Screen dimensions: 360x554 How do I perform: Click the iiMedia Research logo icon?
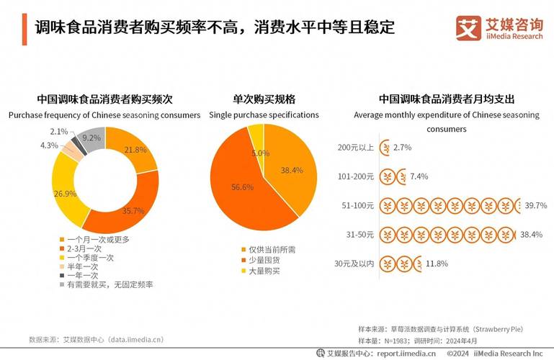(468, 27)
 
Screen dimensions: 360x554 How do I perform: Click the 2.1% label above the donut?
(59, 132)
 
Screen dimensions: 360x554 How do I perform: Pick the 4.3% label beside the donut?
(49, 145)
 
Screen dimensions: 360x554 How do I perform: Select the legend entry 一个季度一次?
(92, 257)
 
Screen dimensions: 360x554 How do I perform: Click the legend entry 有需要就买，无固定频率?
(110, 284)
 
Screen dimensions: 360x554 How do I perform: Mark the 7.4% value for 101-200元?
(419, 176)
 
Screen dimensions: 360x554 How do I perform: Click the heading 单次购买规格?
(264, 99)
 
